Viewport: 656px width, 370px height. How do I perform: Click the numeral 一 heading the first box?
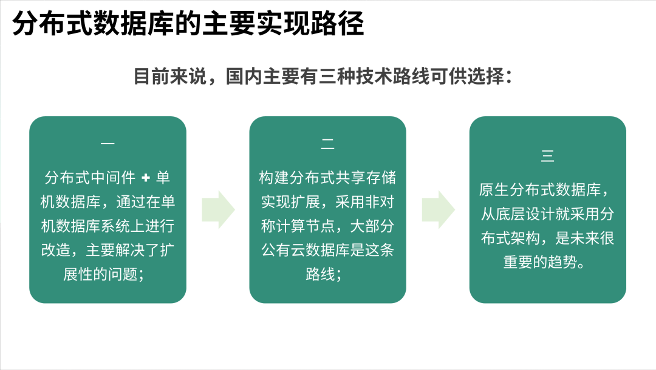[x=108, y=144]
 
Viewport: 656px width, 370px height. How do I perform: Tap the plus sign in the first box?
[x=145, y=178]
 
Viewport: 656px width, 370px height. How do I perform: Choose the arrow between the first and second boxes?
[x=218, y=209]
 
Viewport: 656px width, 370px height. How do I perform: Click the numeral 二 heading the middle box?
[x=327, y=144]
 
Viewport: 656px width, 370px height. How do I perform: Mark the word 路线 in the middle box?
[x=320, y=273]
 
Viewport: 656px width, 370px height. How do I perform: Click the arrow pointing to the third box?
[x=438, y=209]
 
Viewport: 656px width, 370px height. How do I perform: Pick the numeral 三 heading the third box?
[x=547, y=156]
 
